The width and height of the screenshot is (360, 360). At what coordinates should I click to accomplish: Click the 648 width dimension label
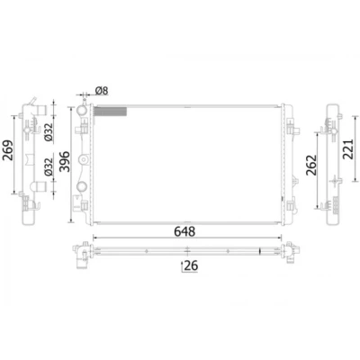(185, 231)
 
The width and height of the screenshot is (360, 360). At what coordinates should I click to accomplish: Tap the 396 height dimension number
(65, 162)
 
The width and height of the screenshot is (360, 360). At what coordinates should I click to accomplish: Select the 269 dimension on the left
(8, 150)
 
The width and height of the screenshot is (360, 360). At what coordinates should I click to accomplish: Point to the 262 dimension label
(311, 165)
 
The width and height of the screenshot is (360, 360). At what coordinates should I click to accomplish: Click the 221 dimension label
(348, 149)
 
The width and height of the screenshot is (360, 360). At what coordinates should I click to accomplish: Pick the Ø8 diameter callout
(102, 91)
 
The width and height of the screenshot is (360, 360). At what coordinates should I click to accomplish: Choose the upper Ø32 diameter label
(49, 132)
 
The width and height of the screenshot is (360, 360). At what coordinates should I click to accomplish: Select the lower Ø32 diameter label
(49, 166)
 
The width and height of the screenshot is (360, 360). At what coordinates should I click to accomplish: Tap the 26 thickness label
(191, 265)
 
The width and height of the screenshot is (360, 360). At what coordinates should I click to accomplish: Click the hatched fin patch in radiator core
(111, 112)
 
